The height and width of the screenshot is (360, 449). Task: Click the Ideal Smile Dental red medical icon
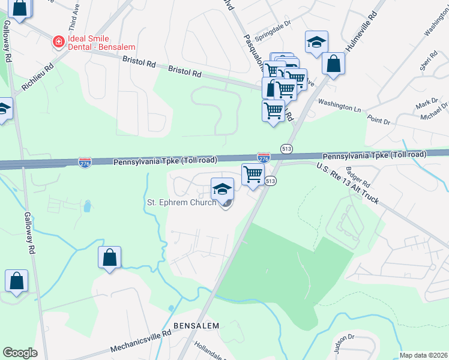58,42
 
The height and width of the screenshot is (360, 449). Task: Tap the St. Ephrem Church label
181,202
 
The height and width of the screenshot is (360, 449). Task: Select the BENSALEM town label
196,325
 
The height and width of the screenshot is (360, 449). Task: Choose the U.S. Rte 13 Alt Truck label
348,184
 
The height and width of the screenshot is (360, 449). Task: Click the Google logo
20,352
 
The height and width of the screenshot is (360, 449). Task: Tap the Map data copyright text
423,355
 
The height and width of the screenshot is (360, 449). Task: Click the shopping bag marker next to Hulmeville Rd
333,63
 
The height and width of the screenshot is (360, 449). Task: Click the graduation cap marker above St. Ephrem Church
222,188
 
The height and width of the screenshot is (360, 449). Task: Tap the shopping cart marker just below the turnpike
253,175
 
